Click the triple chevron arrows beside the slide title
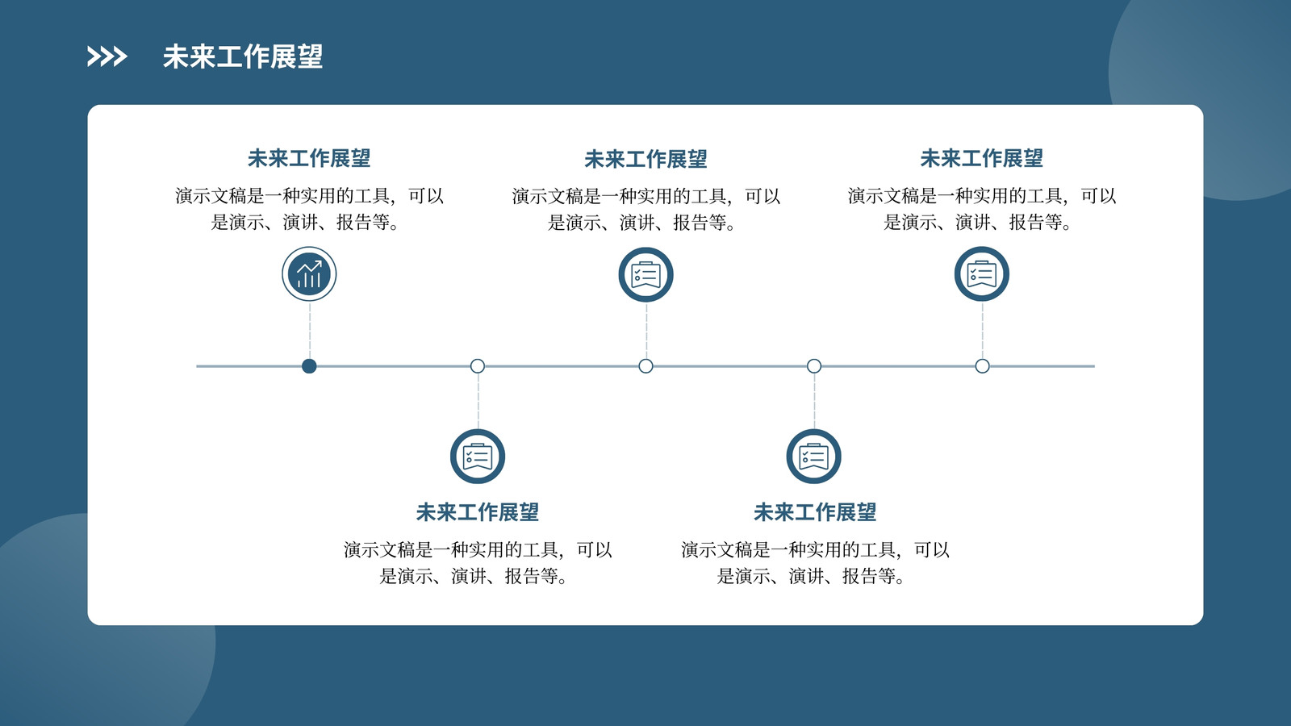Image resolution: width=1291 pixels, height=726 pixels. [107, 56]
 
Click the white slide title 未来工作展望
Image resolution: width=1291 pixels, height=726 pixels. [243, 56]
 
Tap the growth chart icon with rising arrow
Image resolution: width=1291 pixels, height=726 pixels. [309, 273]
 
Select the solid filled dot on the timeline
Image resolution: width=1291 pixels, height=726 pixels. [309, 366]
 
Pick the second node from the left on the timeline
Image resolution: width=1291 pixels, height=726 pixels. [477, 366]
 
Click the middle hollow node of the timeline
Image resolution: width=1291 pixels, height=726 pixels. [645, 366]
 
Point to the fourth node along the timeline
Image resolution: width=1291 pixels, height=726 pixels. [814, 366]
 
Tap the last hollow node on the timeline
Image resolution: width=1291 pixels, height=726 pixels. [982, 366]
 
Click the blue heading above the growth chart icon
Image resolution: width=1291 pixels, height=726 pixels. [309, 158]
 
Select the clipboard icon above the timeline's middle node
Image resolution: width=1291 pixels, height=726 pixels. [645, 275]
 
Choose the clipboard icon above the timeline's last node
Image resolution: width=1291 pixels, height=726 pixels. [981, 273]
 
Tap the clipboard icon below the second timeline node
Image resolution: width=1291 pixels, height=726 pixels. [477, 457]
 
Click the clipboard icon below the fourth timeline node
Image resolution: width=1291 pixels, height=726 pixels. [814, 457]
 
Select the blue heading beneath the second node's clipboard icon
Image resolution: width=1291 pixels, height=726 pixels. [477, 512]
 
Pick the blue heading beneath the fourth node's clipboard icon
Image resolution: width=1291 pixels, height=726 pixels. [815, 512]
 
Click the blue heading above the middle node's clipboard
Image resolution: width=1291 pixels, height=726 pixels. [645, 159]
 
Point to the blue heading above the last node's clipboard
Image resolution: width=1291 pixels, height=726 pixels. [981, 158]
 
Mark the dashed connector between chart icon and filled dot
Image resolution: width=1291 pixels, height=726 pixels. [310, 330]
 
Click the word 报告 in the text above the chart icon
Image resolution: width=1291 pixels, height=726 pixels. [353, 222]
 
